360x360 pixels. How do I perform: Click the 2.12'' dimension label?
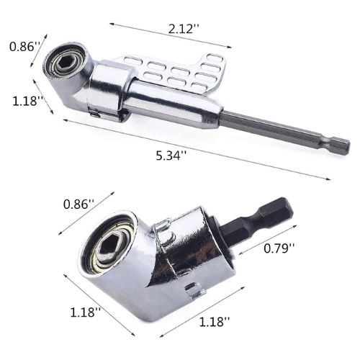tap(184, 30)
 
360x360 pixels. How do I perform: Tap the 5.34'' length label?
tap(171, 156)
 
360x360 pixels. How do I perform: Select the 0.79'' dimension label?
tap(279, 248)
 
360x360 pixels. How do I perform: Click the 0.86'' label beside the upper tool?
tap(24, 46)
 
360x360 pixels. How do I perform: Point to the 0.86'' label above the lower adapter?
tap(79, 204)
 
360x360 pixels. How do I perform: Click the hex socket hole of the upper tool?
tap(63, 63)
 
